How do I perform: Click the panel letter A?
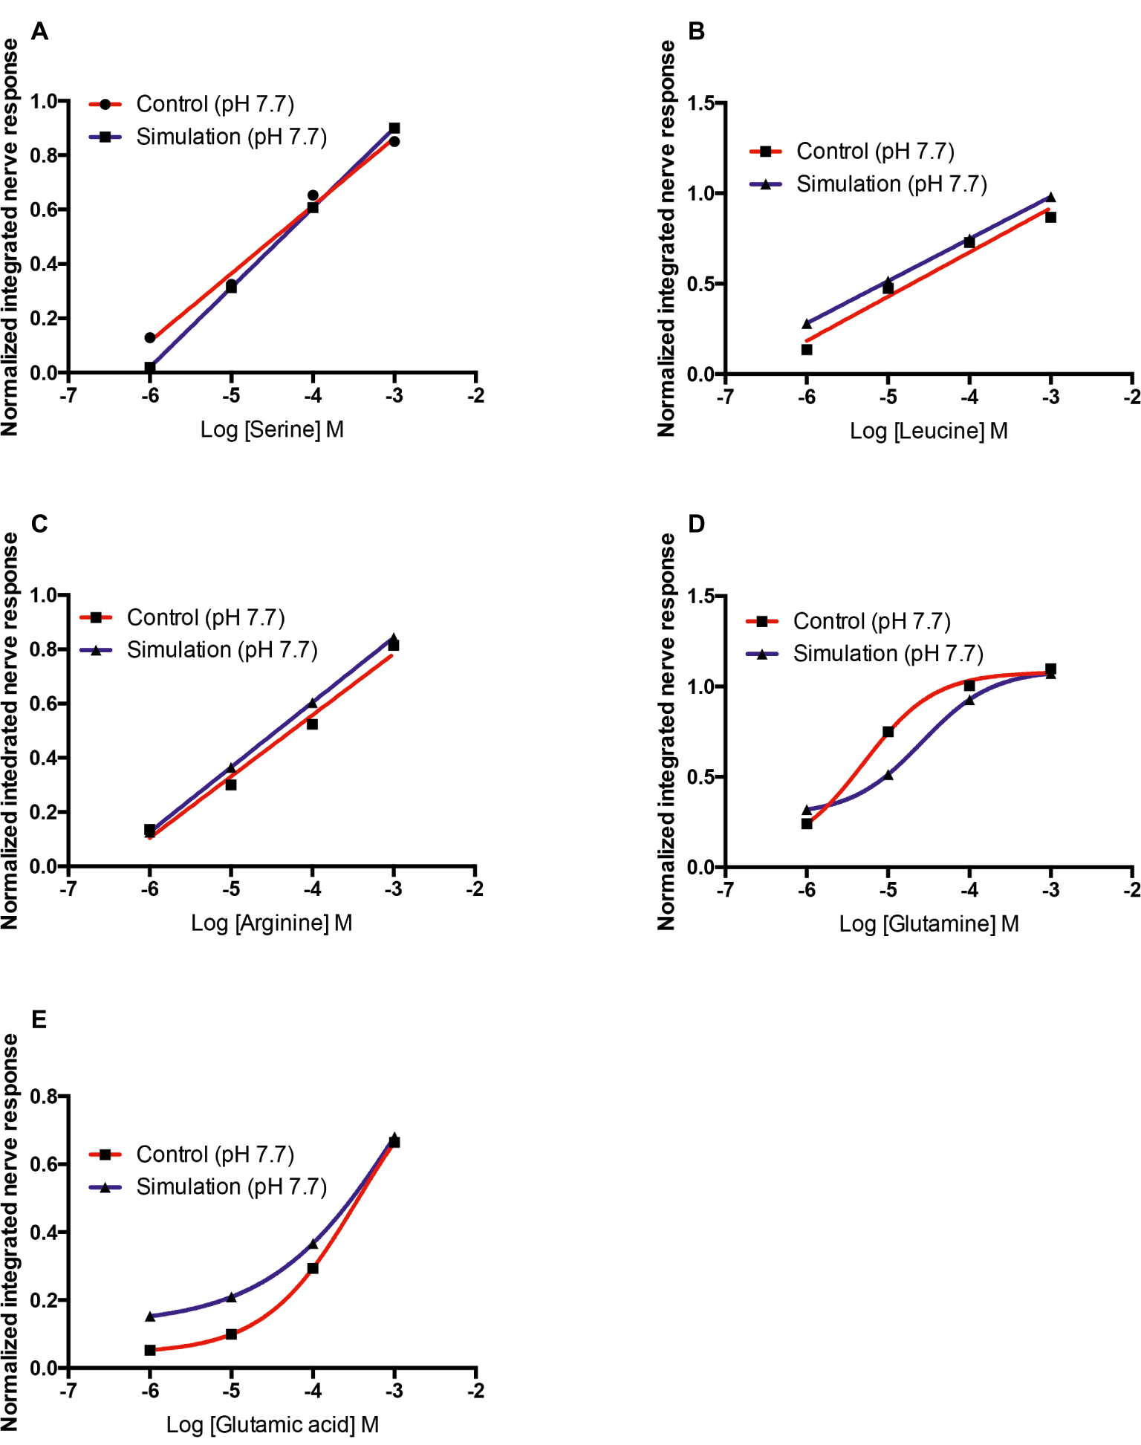pos(39,31)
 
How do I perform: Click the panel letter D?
pos(696,524)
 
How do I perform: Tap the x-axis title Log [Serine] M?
pos(272,429)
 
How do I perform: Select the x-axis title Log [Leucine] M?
pos(929,431)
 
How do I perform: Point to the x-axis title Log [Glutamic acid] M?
pos(272,1424)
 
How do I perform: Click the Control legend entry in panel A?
pos(215,104)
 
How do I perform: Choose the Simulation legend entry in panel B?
pos(891,184)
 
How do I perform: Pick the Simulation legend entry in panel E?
pos(231,1186)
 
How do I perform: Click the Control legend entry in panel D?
pos(871,621)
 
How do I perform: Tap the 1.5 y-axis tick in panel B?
pos(701,103)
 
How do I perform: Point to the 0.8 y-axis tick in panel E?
pos(44,1097)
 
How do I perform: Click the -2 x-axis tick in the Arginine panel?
pos(475,889)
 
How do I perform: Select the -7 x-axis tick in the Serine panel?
pos(68,395)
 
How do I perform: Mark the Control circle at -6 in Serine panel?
pos(150,338)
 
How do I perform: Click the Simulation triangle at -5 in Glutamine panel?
pos(888,775)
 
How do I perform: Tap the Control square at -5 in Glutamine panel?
pos(888,732)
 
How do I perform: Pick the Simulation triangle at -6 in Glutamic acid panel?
pos(150,1316)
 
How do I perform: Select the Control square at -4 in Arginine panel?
pos(313,724)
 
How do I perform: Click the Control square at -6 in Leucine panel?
pos(807,349)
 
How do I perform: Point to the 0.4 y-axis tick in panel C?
pos(44,758)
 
